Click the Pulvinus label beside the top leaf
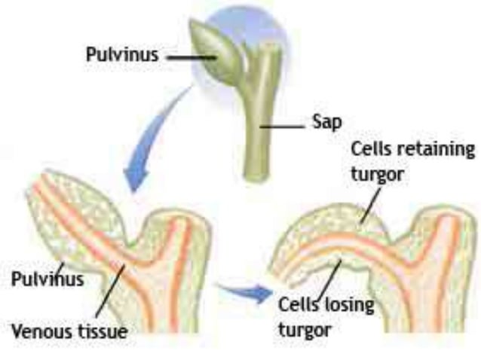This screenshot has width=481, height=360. coord(122,54)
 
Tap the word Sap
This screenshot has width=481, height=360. coord(327,122)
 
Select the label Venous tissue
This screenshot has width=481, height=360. coord(69,331)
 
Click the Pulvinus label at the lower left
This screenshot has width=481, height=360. coord(47,279)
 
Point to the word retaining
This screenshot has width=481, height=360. coord(436,149)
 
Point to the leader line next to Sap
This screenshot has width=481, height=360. coord(283,126)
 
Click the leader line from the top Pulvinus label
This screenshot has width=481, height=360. coord(191,57)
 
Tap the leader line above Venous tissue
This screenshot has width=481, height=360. coord(110,291)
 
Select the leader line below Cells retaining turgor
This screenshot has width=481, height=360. coord(371,206)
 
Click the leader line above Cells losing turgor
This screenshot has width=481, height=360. coord(329,281)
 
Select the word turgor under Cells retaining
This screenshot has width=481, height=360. coord(377,175)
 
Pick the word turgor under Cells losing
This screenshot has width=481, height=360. coord(305,331)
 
